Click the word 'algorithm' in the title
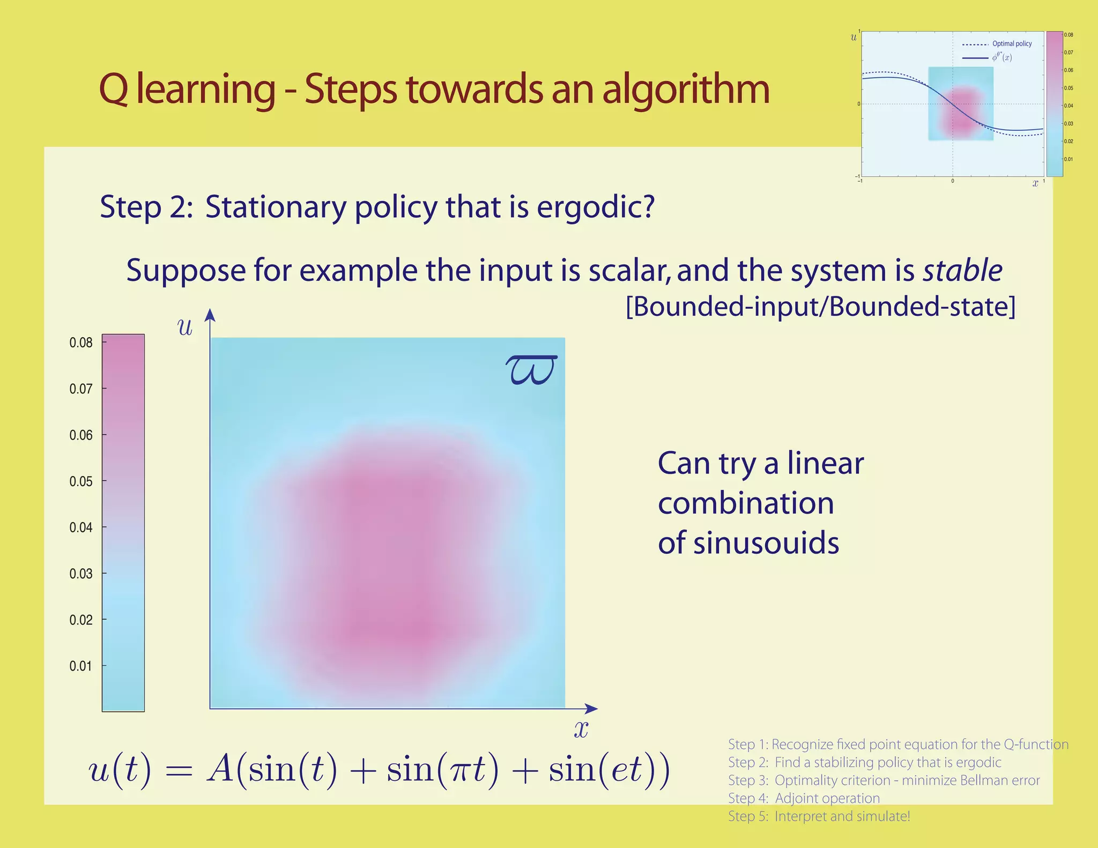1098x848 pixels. tap(686, 90)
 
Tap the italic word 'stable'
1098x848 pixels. tap(962, 271)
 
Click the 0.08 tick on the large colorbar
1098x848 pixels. tap(81, 343)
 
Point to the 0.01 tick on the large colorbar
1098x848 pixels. tap(81, 666)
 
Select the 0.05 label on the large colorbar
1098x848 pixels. tap(81, 481)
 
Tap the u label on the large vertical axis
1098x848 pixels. tap(185, 327)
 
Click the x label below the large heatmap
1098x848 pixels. tap(581, 729)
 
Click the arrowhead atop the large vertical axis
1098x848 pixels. tap(210, 315)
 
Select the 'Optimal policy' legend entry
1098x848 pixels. tap(1012, 44)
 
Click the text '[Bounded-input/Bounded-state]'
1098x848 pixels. tap(820, 307)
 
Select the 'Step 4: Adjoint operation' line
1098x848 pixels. tap(804, 798)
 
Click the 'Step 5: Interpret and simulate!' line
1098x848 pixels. tap(819, 816)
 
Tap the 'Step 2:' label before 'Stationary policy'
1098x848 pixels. tap(146, 207)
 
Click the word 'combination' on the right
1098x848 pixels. tap(745, 503)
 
